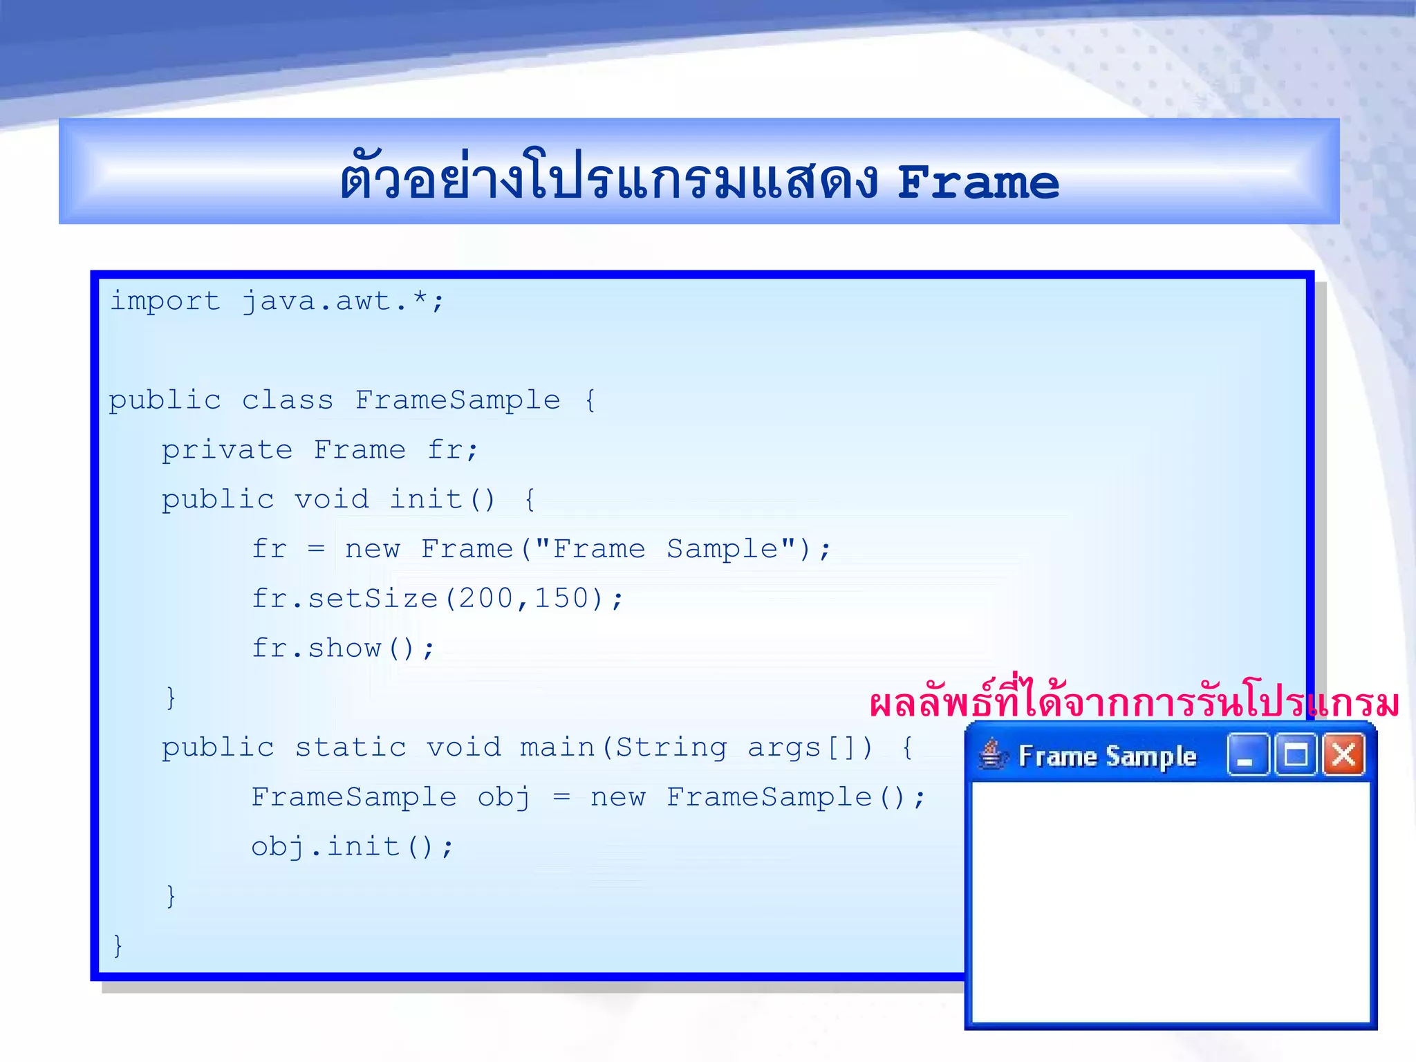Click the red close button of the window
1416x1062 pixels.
[1343, 755]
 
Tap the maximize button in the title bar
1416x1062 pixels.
[1296, 755]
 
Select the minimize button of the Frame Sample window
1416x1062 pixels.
[1247, 755]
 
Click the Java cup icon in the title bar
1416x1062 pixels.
[992, 754]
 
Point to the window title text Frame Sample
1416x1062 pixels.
[1108, 756]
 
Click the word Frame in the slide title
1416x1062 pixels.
[978, 183]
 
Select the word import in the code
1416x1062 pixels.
[165, 301]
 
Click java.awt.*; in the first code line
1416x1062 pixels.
[343, 301]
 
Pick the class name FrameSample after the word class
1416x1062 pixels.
[458, 400]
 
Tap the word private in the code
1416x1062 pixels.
[227, 450]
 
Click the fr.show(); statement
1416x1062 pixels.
[343, 649]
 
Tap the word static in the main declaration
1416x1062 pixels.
[351, 747]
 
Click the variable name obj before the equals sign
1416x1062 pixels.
[504, 797]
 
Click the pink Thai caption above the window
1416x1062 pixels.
[1134, 703]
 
